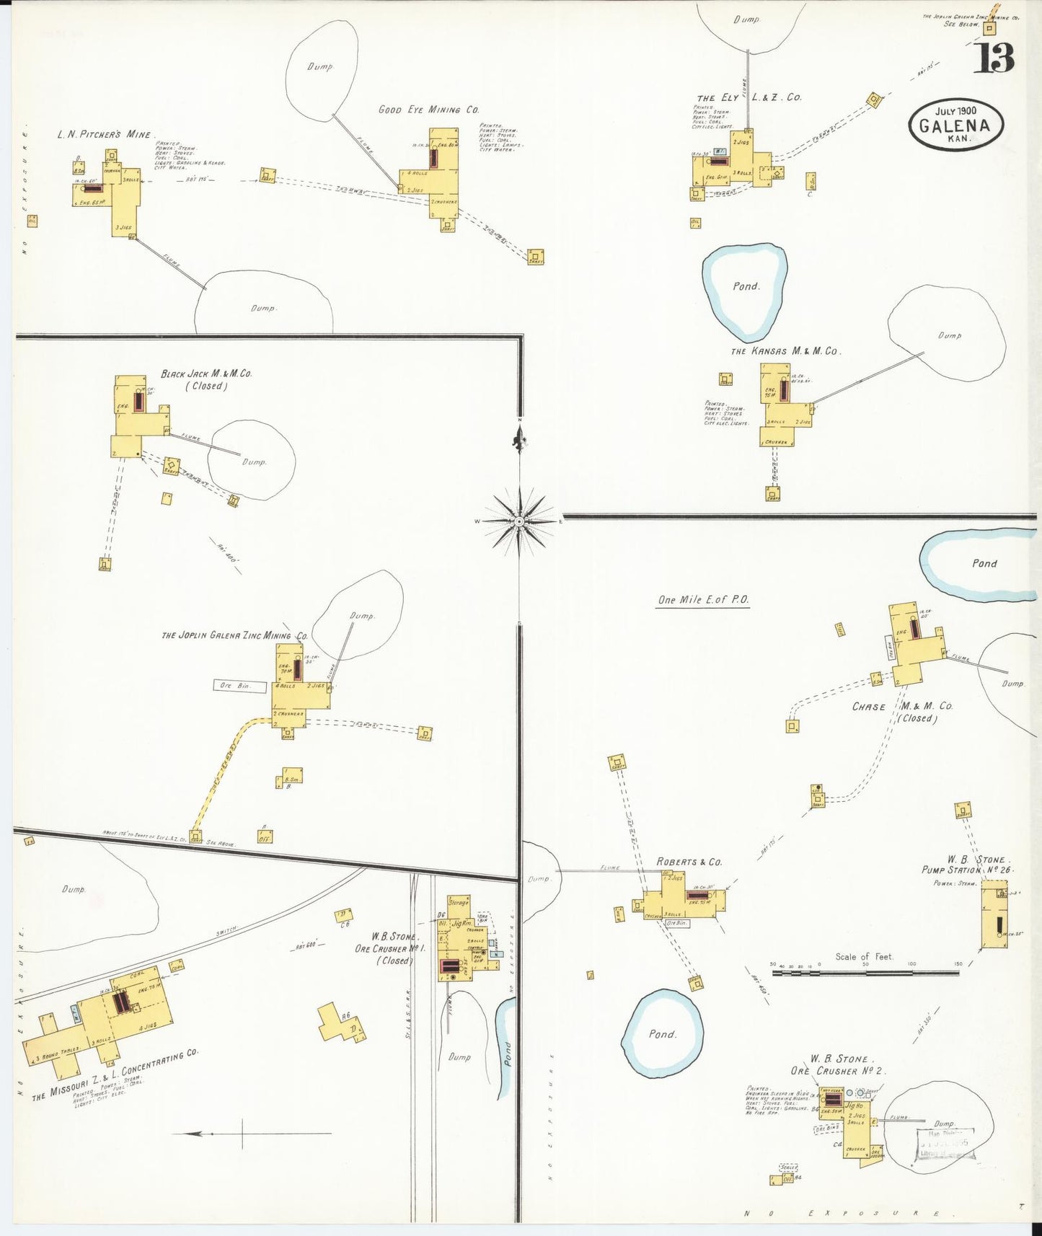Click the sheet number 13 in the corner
[994, 58]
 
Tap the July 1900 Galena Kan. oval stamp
[955, 124]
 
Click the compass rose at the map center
[519, 521]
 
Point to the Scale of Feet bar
[865, 972]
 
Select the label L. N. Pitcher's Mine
[105, 135]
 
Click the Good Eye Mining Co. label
[428, 110]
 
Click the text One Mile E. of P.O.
[703, 600]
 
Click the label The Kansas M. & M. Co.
[785, 351]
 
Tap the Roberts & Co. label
[689, 862]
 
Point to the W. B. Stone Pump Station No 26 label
[968, 865]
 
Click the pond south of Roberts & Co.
[662, 1033]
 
